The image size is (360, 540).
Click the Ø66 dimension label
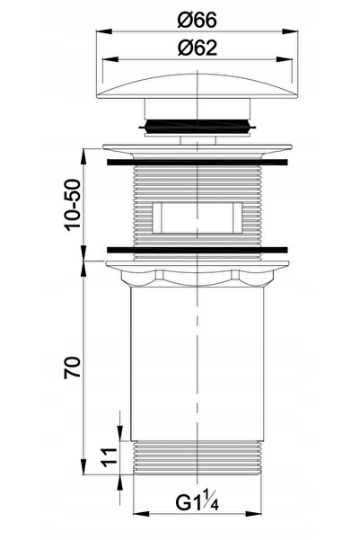(x=198, y=20)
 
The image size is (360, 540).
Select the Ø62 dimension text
(x=198, y=48)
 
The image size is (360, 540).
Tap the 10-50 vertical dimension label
(x=73, y=205)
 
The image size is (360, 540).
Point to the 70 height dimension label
(x=72, y=367)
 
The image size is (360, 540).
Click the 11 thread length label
(x=110, y=457)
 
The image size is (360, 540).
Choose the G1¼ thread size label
(x=198, y=502)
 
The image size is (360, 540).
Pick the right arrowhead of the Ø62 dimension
(x=285, y=59)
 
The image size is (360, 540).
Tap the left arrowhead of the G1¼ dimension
(x=141, y=514)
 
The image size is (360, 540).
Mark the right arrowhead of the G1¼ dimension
(x=254, y=514)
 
